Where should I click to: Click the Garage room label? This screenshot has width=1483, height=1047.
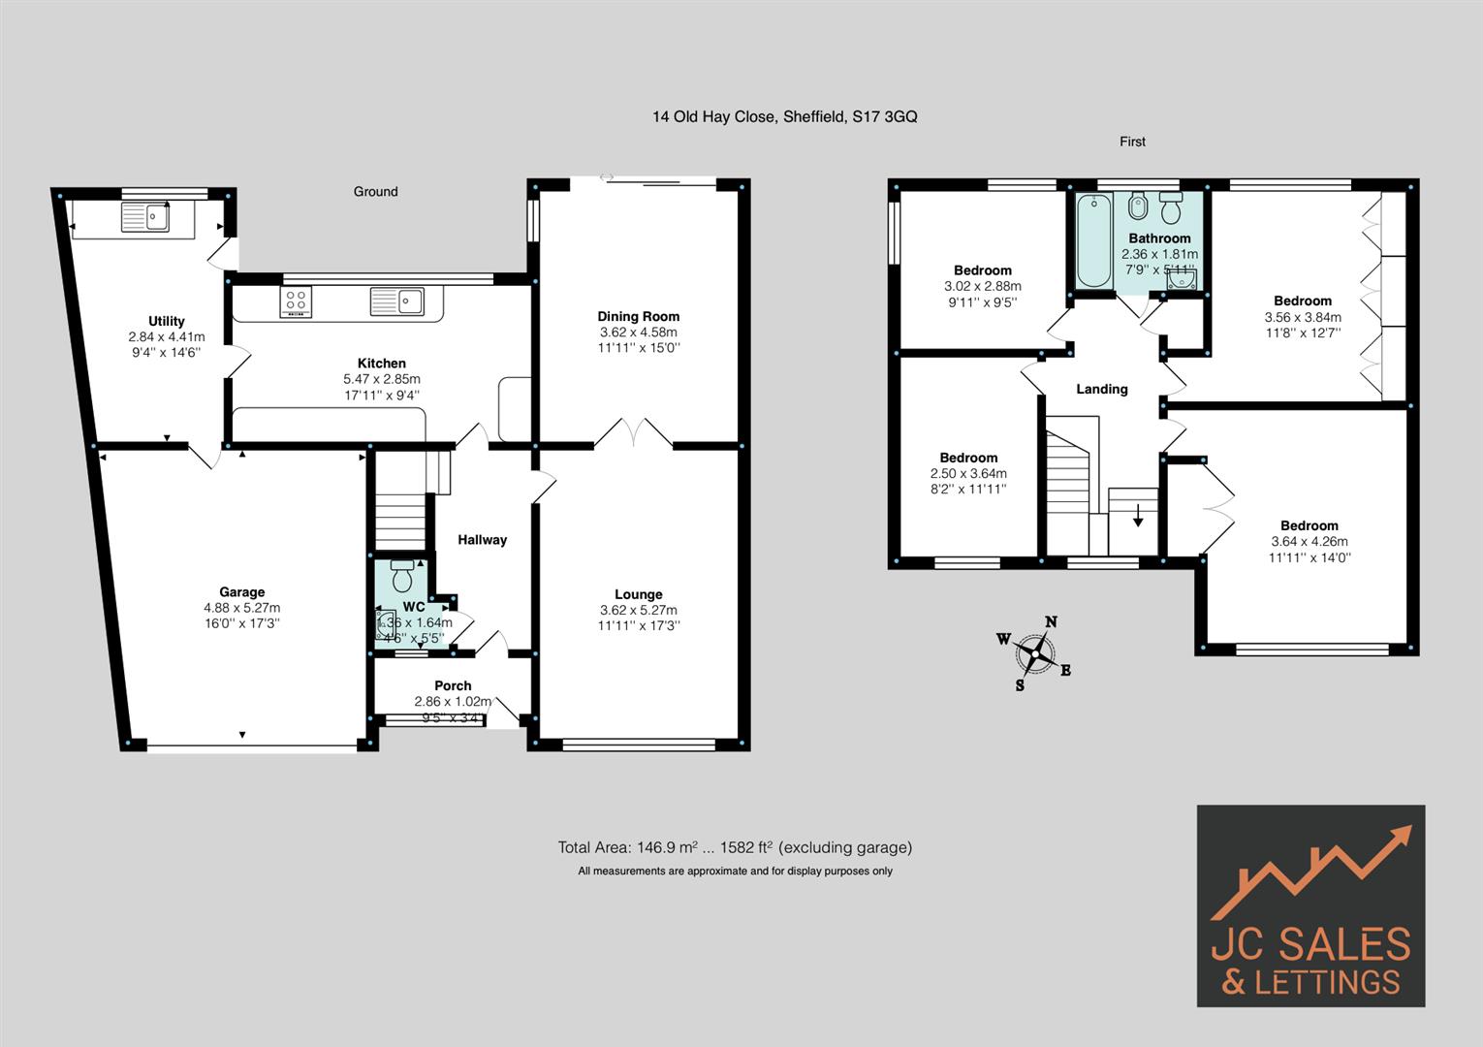click(x=241, y=592)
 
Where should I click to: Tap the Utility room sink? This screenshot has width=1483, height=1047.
click(x=144, y=217)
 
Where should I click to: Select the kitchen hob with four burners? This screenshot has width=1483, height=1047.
click(x=296, y=302)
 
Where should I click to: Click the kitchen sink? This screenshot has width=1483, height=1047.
click(x=396, y=301)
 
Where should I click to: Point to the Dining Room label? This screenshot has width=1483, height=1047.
click(x=638, y=316)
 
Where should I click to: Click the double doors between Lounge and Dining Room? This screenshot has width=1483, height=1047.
click(x=633, y=433)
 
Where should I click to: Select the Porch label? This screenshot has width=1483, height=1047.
click(x=453, y=685)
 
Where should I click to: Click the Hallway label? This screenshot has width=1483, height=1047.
click(x=482, y=540)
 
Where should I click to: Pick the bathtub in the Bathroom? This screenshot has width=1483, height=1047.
click(x=1094, y=240)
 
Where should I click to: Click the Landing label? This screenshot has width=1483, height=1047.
click(x=1101, y=389)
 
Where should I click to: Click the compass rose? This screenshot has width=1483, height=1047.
click(x=1036, y=655)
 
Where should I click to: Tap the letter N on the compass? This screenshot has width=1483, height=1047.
click(x=1051, y=622)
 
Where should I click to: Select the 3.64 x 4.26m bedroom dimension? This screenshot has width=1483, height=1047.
click(x=1309, y=542)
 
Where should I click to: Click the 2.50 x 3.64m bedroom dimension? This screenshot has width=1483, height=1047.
click(x=968, y=474)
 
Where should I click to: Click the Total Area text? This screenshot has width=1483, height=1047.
click(x=734, y=847)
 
